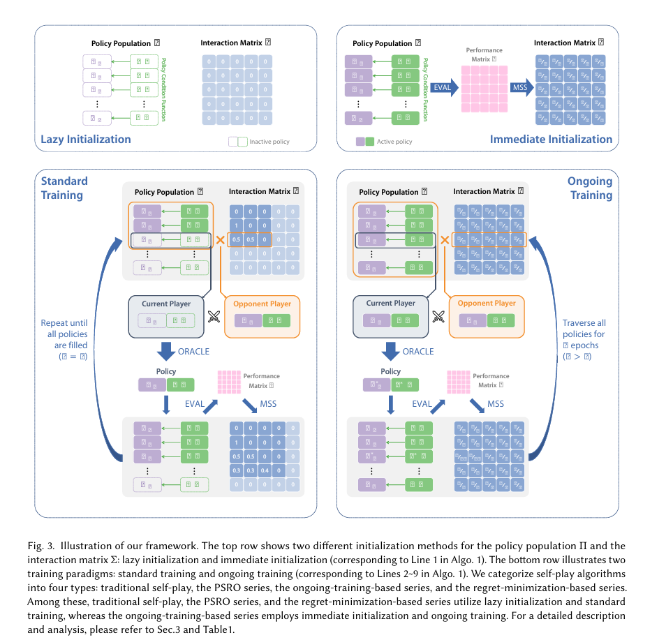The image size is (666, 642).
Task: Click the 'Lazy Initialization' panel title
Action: (x=86, y=139)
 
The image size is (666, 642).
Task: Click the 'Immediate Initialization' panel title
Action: (x=551, y=139)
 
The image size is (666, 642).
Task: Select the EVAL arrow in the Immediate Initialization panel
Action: (x=444, y=87)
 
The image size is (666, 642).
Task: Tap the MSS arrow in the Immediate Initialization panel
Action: (x=521, y=87)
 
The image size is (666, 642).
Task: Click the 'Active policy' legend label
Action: (x=394, y=142)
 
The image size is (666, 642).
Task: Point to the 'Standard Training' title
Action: (x=64, y=188)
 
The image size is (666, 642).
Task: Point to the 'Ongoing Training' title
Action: (x=590, y=188)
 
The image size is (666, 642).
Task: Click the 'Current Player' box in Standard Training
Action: (x=165, y=316)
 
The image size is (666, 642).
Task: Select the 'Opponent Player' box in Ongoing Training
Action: (x=486, y=316)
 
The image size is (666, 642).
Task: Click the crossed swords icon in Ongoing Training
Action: (x=438, y=316)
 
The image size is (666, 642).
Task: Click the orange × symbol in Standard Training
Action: (x=220, y=240)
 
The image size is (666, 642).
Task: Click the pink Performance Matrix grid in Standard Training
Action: (x=228, y=380)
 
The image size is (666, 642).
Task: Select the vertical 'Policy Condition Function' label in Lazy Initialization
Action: (x=164, y=89)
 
